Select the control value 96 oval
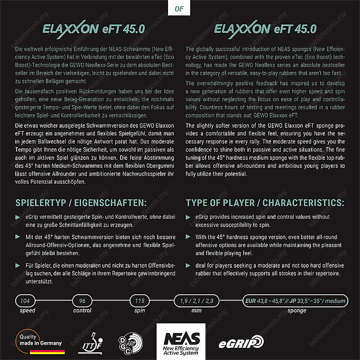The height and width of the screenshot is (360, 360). (82, 301)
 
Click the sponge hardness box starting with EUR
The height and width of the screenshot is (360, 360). (294, 301)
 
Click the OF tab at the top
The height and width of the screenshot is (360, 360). (180, 8)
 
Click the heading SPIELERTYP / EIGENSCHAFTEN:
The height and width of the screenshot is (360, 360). (81, 202)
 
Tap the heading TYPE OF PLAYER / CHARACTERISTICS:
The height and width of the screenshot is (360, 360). (265, 202)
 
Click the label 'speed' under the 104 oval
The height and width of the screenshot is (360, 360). (27, 310)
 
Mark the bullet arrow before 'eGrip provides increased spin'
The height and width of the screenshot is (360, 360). (188, 217)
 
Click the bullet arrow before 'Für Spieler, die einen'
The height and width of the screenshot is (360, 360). (17, 265)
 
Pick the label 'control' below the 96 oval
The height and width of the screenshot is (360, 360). (82, 310)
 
